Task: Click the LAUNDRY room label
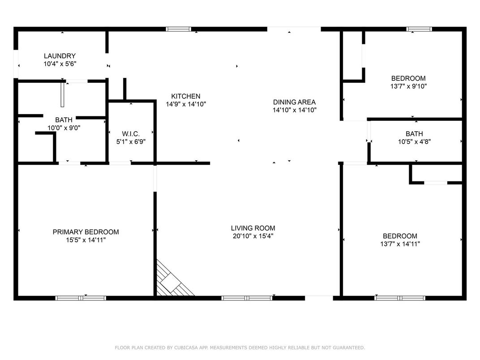pos(60,56)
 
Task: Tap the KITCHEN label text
pos(185,96)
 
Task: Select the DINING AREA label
pos(294,102)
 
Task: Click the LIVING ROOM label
pos(253,228)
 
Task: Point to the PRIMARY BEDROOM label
pos(86,232)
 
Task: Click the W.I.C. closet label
pos(131,134)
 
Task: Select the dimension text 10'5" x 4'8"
pos(415,142)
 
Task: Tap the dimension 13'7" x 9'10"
pos(408,86)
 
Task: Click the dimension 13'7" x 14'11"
pos(400,244)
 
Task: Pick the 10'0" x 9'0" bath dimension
pos(64,128)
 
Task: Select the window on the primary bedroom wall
pos(81,298)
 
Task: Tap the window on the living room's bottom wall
pos(247,298)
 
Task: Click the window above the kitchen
pos(179,29)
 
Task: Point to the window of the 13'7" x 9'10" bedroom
pos(419,29)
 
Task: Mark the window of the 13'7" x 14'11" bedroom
pos(400,298)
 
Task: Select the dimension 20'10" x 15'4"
pos(253,236)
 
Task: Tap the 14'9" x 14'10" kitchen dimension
pos(186,104)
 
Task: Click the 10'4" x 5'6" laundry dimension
pos(60,64)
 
